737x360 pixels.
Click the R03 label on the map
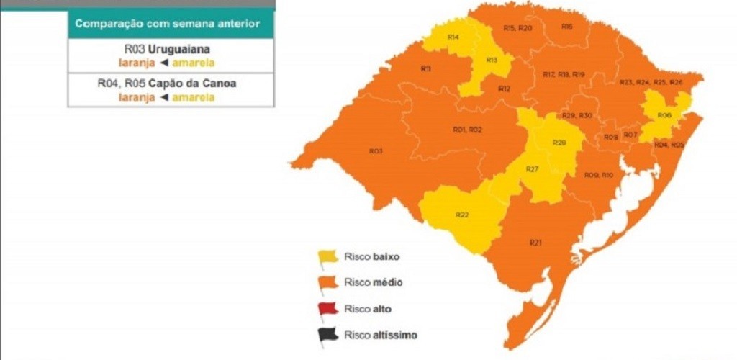(375, 151)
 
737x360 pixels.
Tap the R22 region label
(462, 215)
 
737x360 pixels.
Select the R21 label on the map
(535, 243)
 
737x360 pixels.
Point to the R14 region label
(453, 36)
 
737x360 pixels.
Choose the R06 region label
(664, 115)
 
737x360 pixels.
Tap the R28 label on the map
(559, 143)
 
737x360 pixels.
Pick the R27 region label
(532, 168)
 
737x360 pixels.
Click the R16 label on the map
(567, 27)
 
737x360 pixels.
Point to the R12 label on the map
(504, 89)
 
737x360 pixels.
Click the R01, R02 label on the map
(467, 130)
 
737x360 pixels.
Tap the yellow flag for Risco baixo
(327, 256)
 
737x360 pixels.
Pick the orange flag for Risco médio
(327, 283)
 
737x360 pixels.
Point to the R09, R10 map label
(598, 175)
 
